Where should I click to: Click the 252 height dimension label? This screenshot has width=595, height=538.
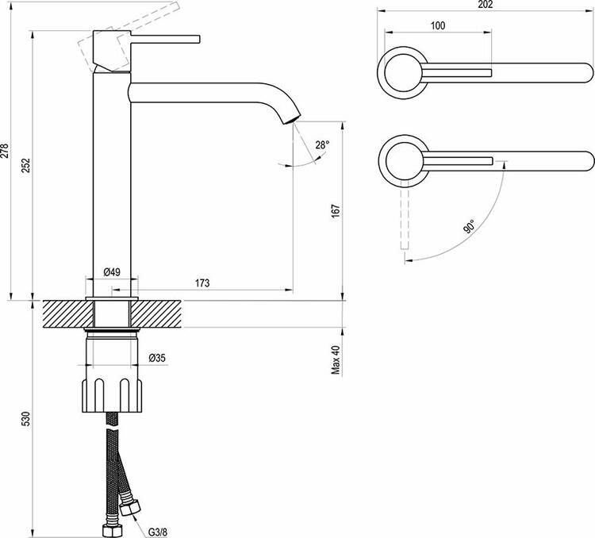(26, 164)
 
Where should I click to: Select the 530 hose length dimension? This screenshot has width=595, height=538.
(26, 417)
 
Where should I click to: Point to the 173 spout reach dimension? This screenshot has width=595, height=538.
(202, 283)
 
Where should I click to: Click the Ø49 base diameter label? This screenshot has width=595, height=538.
(112, 272)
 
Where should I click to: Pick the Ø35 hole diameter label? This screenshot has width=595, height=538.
(157, 359)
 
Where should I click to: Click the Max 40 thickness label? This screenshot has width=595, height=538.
(336, 359)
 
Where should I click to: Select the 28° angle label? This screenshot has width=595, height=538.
(321, 145)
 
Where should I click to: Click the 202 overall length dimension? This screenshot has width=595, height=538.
(486, 6)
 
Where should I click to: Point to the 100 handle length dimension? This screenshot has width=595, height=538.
(437, 25)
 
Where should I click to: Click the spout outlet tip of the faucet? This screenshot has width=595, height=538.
(294, 120)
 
